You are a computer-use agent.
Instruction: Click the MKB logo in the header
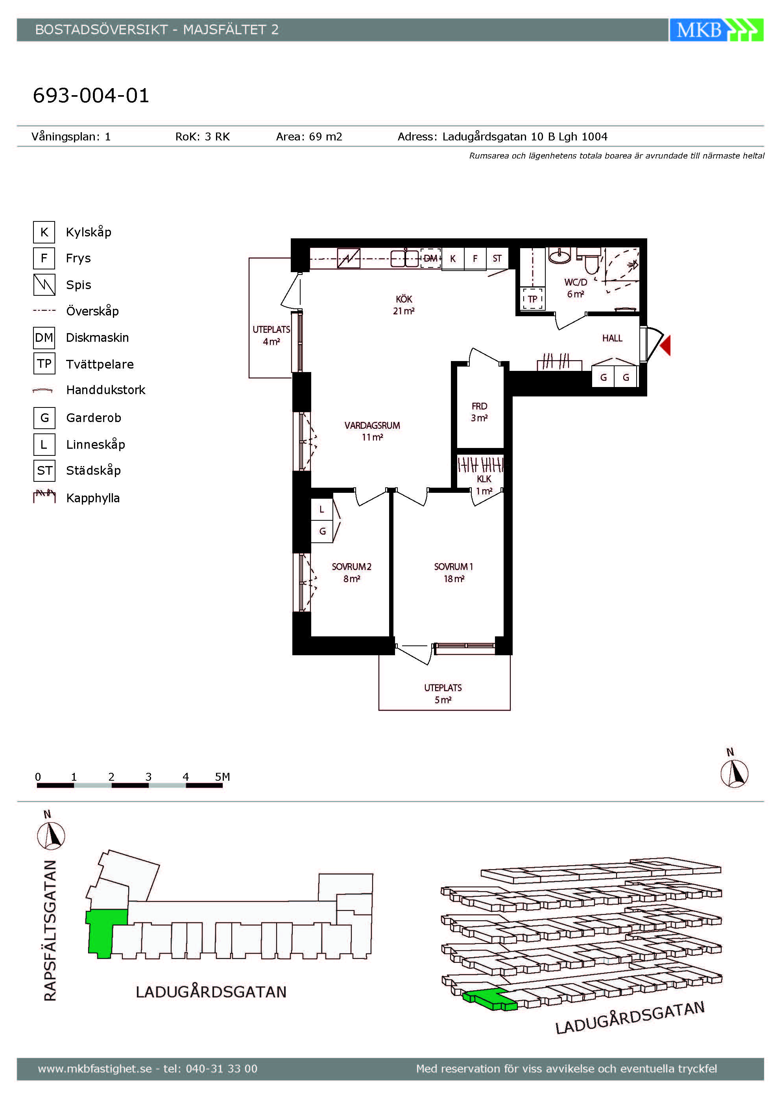click(716, 30)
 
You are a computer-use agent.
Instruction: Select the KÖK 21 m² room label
click(404, 305)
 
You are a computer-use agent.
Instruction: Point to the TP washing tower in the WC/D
click(532, 299)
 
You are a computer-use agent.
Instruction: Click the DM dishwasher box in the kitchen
click(430, 258)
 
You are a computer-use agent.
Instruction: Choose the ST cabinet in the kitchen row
click(497, 259)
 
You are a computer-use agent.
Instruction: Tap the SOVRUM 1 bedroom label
click(454, 573)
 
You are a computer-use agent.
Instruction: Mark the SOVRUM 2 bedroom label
click(351, 573)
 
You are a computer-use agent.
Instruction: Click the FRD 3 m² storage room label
click(479, 412)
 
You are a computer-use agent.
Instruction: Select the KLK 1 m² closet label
click(484, 485)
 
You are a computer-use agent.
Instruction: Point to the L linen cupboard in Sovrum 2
click(322, 510)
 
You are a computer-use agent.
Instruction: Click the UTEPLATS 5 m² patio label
click(443, 694)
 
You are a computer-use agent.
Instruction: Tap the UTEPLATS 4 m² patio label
click(271, 335)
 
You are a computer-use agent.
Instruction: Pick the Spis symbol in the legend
click(44, 285)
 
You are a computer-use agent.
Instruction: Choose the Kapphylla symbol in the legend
click(44, 496)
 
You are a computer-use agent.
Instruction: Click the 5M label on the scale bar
click(222, 776)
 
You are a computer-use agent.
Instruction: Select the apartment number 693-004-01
click(91, 95)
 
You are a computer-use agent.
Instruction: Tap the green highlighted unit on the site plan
click(103, 933)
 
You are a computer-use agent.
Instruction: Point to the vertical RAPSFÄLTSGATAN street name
click(50, 931)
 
